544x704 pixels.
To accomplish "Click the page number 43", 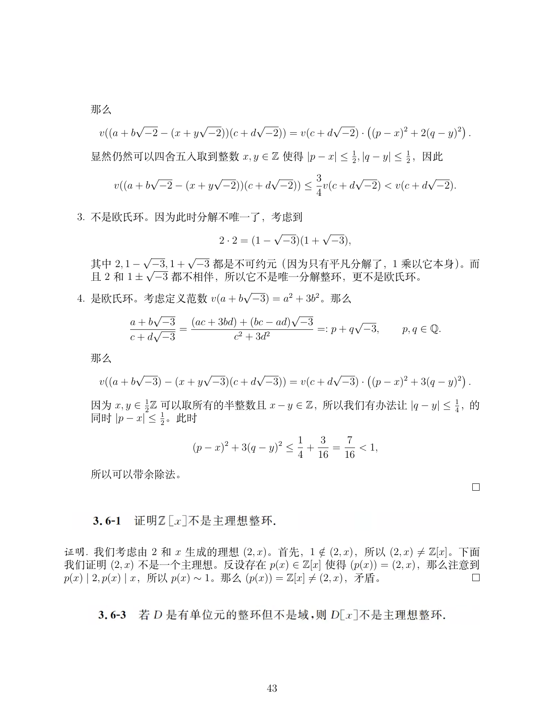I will pyautogui.click(x=272, y=688).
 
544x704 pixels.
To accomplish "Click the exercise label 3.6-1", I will pyautogui.click(x=107, y=521).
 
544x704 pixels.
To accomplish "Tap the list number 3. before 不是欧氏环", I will pyautogui.click(x=81, y=217).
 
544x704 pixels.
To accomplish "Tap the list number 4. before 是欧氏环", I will pyautogui.click(x=81, y=299).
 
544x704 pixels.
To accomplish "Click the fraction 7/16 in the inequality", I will pyautogui.click(x=349, y=447).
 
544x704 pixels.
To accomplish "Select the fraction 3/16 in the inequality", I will pyautogui.click(x=323, y=447).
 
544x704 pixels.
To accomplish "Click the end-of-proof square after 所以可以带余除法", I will pyautogui.click(x=476, y=487).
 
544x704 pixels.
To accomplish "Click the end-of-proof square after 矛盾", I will pyautogui.click(x=476, y=578).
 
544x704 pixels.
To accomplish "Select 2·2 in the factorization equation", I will pyautogui.click(x=227, y=241).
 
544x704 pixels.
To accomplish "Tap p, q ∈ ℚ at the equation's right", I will pyautogui.click(x=421, y=329).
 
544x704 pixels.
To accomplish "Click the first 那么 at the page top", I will pyautogui.click(x=101, y=110).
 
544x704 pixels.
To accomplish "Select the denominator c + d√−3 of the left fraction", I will pyautogui.click(x=153, y=337).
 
